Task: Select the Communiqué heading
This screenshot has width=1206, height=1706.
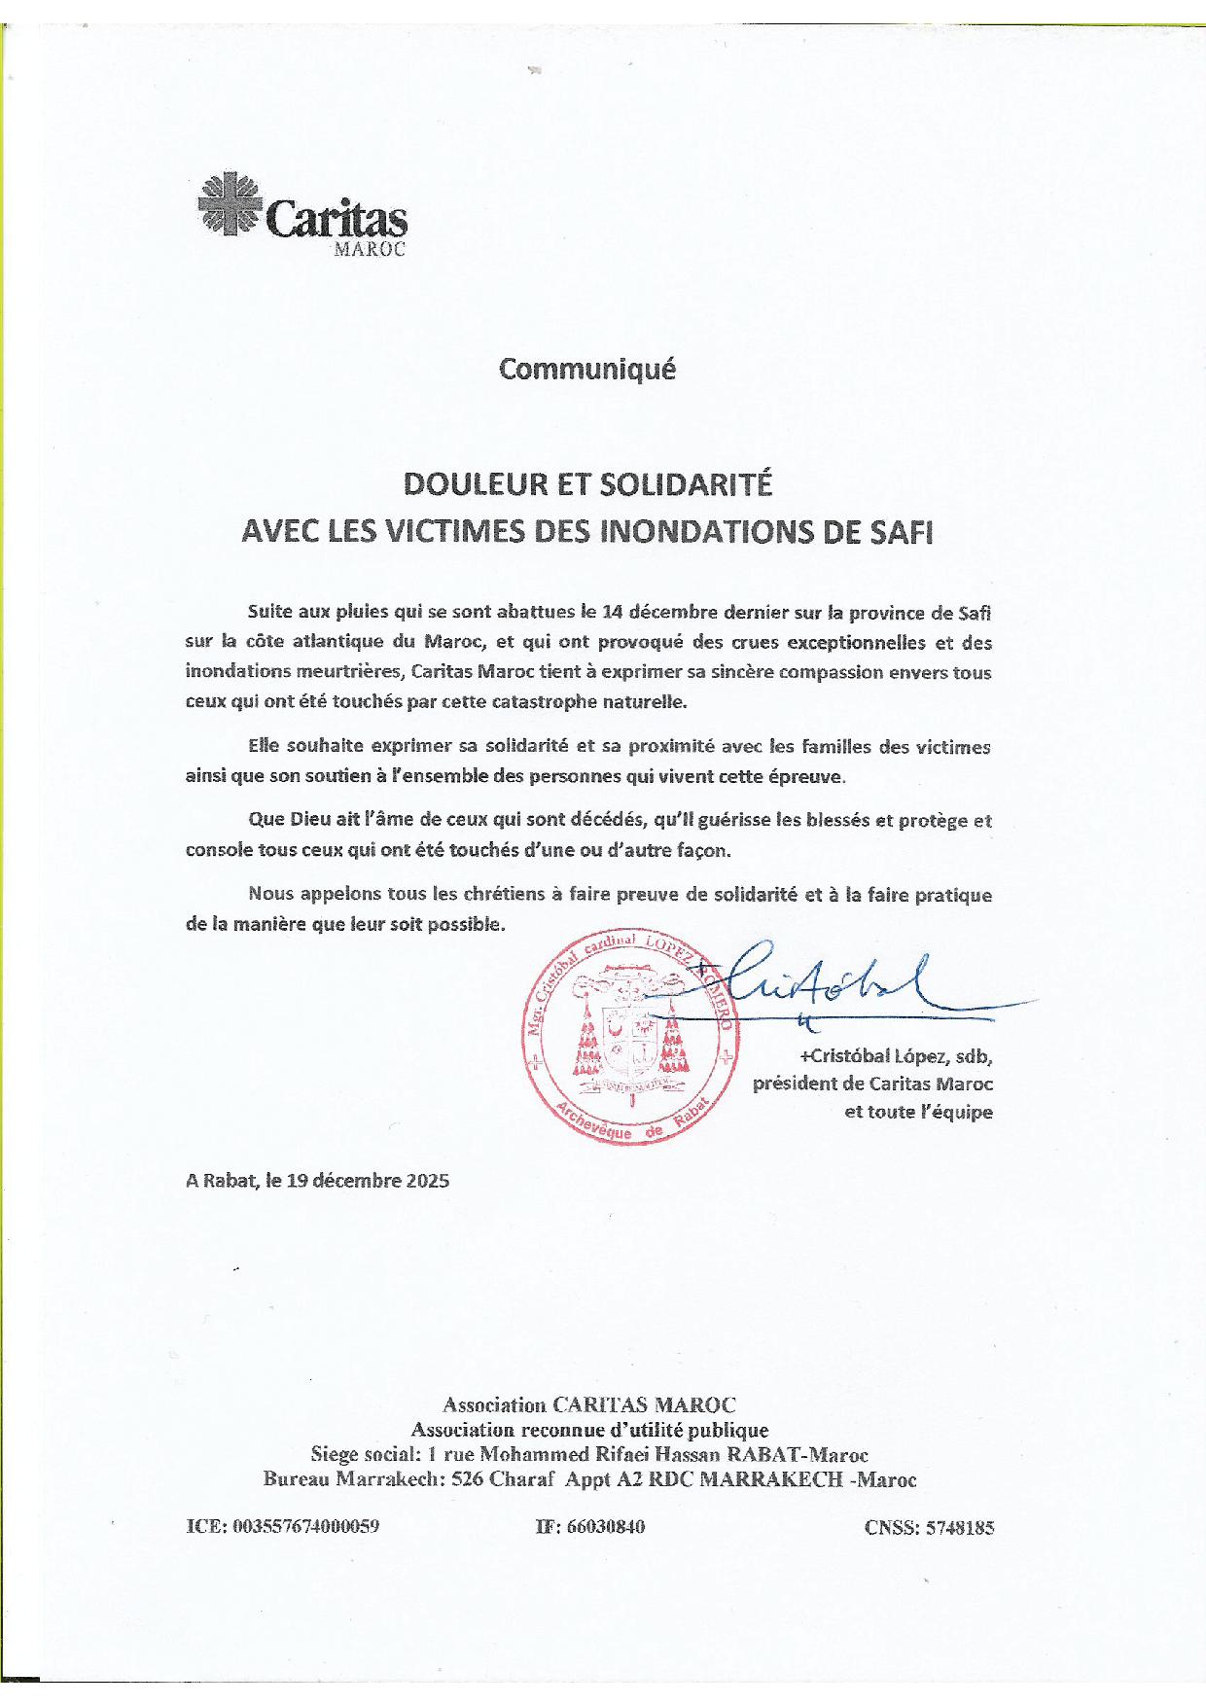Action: tap(586, 370)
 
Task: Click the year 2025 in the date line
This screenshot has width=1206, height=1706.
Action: tap(427, 1181)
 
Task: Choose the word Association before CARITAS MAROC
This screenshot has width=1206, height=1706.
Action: tap(494, 1404)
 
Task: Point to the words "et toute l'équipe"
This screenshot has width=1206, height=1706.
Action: tap(918, 1112)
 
